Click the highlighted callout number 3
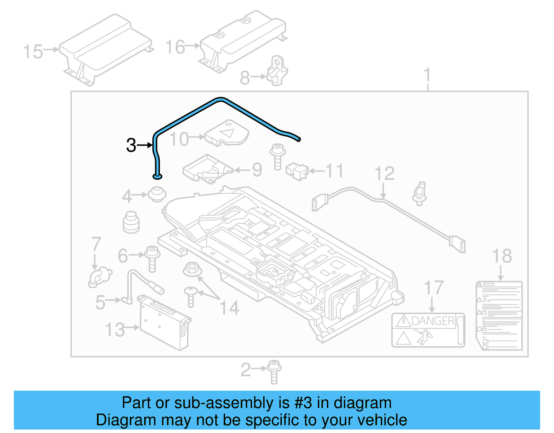coord(131,145)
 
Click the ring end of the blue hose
coord(157,177)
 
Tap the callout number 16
coord(175,47)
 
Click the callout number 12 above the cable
coord(384,173)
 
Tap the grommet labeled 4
coord(157,194)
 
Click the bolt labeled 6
coord(152,258)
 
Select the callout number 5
coord(100,302)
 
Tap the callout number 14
coord(230,308)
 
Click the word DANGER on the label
coord(433,321)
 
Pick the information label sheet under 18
coord(499,315)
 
